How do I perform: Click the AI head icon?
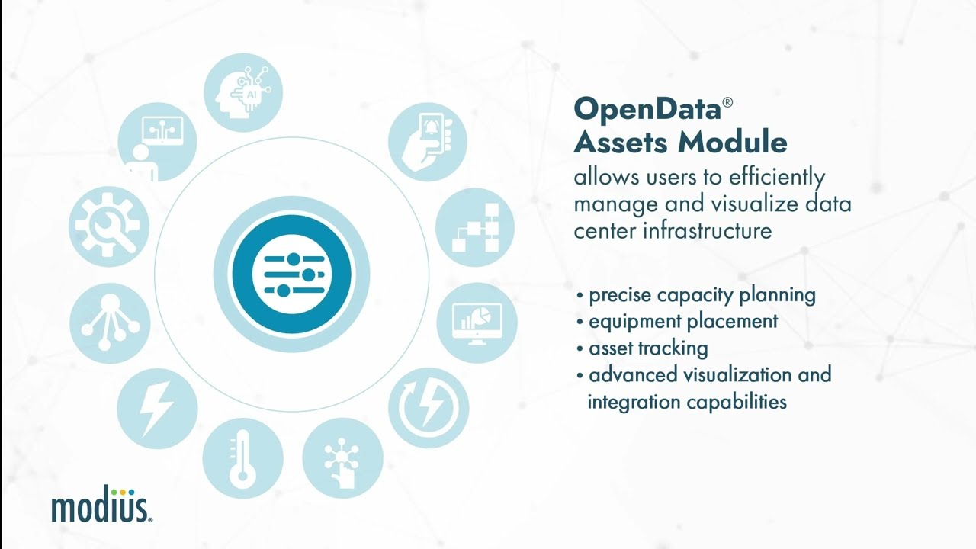[x=243, y=92]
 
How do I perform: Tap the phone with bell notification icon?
[x=427, y=141]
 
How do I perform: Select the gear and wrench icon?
[x=108, y=225]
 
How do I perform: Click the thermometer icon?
[x=242, y=459]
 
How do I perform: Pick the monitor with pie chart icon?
[x=477, y=323]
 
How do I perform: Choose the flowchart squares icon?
[x=475, y=227]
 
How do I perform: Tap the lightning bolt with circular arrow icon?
[x=428, y=407]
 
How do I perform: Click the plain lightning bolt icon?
[x=157, y=408]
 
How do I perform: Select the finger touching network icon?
[x=342, y=459]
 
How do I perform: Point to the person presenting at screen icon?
[x=157, y=142]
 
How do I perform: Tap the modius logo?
[x=101, y=506]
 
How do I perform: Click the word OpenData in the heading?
[x=647, y=109]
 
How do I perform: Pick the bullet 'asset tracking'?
[x=647, y=348]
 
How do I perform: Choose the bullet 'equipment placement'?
[x=682, y=321]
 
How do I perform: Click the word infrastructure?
[x=707, y=230]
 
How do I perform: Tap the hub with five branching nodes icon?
[x=109, y=323]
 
